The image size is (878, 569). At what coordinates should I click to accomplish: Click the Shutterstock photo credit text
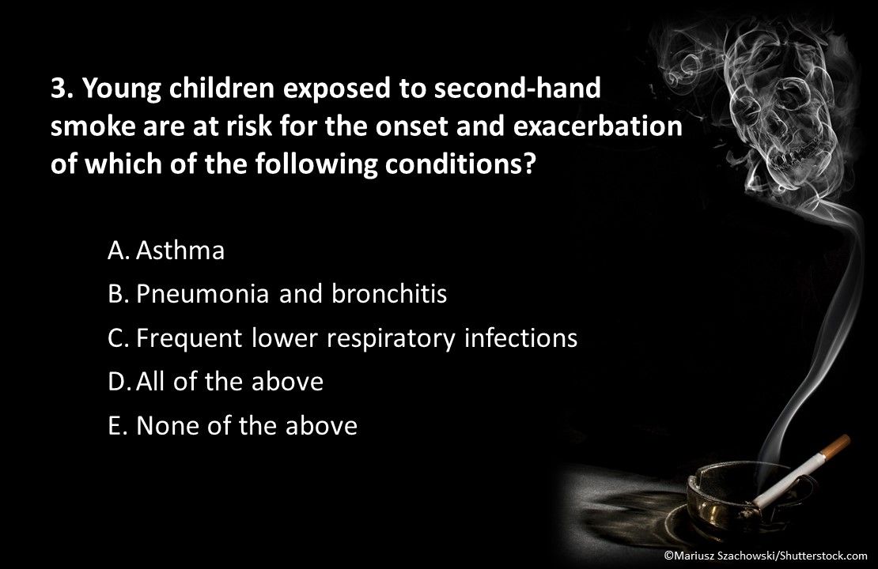(x=765, y=556)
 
